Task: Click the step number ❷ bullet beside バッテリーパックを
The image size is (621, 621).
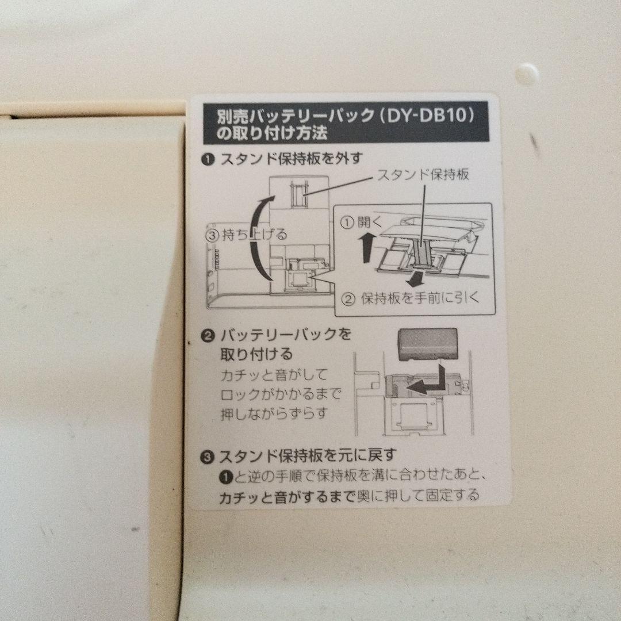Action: point(208,335)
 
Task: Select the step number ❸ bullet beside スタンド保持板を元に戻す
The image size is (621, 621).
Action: point(208,457)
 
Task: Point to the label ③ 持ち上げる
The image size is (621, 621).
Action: point(246,234)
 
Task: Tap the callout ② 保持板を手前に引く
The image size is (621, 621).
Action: point(411,299)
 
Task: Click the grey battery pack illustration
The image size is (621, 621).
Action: point(427,344)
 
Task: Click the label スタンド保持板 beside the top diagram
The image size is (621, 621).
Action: point(423,175)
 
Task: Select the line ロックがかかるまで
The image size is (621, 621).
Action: point(281,395)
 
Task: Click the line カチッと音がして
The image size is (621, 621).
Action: point(274,375)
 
